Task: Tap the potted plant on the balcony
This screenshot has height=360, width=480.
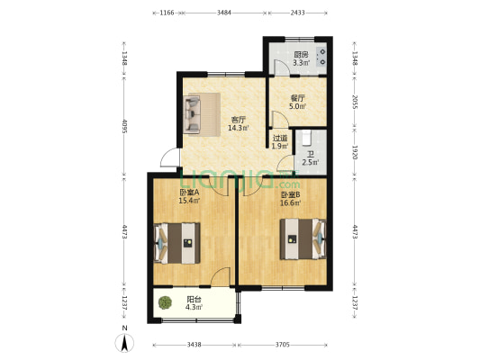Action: click(x=166, y=302)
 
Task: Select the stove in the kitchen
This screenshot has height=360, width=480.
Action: click(x=322, y=57)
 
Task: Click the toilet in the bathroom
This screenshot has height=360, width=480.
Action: click(x=306, y=138)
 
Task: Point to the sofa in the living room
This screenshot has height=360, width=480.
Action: click(x=192, y=114)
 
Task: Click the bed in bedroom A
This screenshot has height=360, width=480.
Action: click(x=177, y=243)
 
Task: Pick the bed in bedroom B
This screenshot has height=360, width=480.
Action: click(x=303, y=238)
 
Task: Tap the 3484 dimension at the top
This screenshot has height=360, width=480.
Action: click(x=224, y=13)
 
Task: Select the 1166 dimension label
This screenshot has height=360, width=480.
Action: click(x=168, y=13)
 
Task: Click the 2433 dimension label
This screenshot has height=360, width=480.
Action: click(x=298, y=13)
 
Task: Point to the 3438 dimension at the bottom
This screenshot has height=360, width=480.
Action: click(x=195, y=345)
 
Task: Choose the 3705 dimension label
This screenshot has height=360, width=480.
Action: click(x=282, y=345)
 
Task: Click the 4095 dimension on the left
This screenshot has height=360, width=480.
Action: click(x=124, y=126)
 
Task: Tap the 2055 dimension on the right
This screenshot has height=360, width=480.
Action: click(x=355, y=103)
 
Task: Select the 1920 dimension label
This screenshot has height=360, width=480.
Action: click(x=355, y=152)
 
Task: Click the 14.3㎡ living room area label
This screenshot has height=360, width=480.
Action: click(x=238, y=128)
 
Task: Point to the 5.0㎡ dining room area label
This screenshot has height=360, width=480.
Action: click(x=297, y=106)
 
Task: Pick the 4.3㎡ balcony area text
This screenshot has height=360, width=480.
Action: click(x=194, y=307)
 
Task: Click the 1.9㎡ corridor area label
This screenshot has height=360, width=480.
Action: click(x=280, y=146)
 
